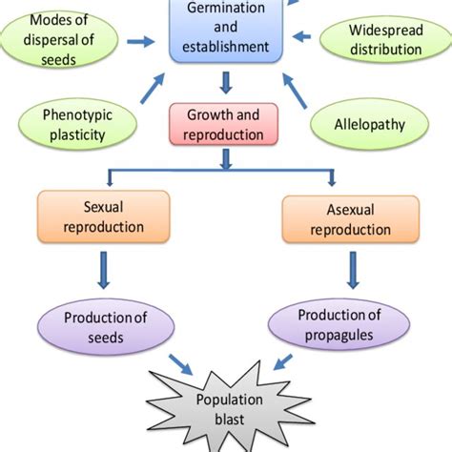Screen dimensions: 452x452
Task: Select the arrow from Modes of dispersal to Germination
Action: [x=140, y=41]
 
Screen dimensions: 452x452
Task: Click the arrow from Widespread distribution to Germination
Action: [x=304, y=39]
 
